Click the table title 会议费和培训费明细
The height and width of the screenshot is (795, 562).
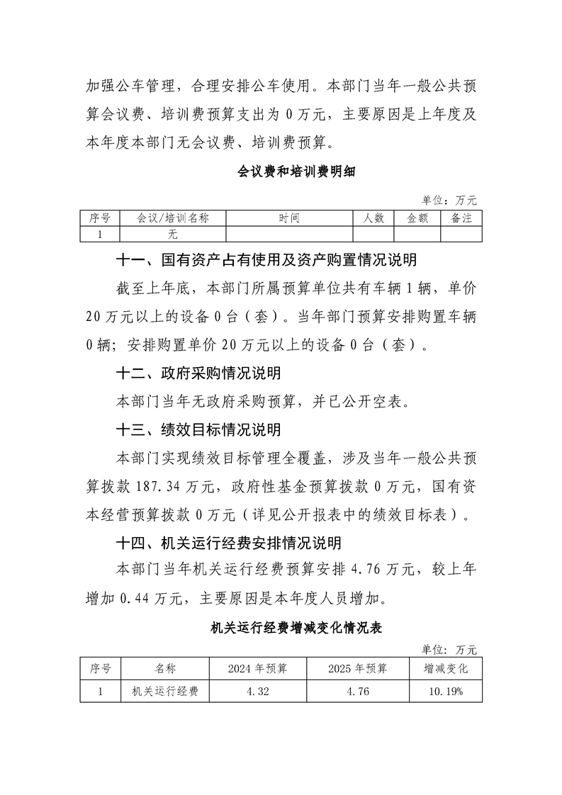tap(286, 171)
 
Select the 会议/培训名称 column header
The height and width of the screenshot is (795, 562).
tap(172, 218)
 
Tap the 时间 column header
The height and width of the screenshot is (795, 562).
tap(289, 218)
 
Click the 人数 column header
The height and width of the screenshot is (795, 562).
tap(373, 218)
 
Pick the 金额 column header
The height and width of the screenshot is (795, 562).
tap(417, 218)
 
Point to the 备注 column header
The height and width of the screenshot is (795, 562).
tap(461, 218)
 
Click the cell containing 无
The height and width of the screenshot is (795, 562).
tap(172, 234)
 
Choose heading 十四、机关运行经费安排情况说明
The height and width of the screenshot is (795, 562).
tap(229, 543)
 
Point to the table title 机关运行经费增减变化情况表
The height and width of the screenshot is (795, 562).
tap(297, 627)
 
